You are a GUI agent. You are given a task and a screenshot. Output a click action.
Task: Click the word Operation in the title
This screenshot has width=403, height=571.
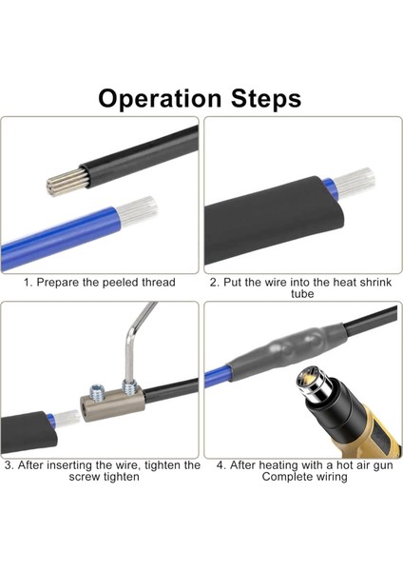(x=160, y=99)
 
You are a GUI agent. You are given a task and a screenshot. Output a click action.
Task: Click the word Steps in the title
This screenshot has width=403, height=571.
(x=266, y=98)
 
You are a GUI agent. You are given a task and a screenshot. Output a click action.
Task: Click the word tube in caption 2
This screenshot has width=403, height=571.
(x=302, y=293)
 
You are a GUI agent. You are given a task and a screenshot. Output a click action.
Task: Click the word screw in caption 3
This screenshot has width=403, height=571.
(x=85, y=477)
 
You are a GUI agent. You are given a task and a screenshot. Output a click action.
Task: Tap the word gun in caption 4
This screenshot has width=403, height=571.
(x=384, y=465)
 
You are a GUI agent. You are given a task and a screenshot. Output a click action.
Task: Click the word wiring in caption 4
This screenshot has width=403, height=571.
(x=330, y=477)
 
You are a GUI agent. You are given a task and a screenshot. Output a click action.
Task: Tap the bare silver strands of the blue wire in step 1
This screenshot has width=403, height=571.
(x=138, y=210)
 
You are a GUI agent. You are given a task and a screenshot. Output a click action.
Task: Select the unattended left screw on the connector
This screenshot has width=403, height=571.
(x=97, y=390)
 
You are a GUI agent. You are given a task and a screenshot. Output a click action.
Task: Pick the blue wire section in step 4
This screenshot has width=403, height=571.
(x=218, y=377)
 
